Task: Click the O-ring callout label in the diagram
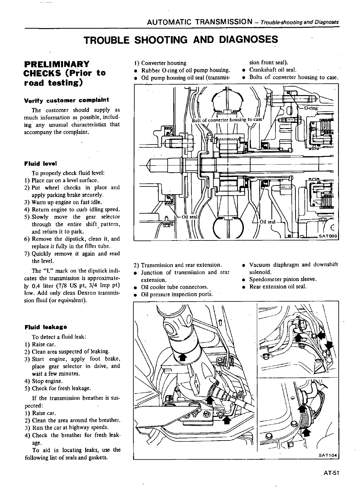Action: coord(311,108)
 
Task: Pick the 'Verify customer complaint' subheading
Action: coord(66,100)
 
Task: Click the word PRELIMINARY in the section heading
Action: coord(57,64)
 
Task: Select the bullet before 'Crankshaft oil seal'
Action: coord(244,70)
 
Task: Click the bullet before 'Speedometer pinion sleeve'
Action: coord(244,280)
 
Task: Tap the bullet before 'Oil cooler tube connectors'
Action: coord(136,287)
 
